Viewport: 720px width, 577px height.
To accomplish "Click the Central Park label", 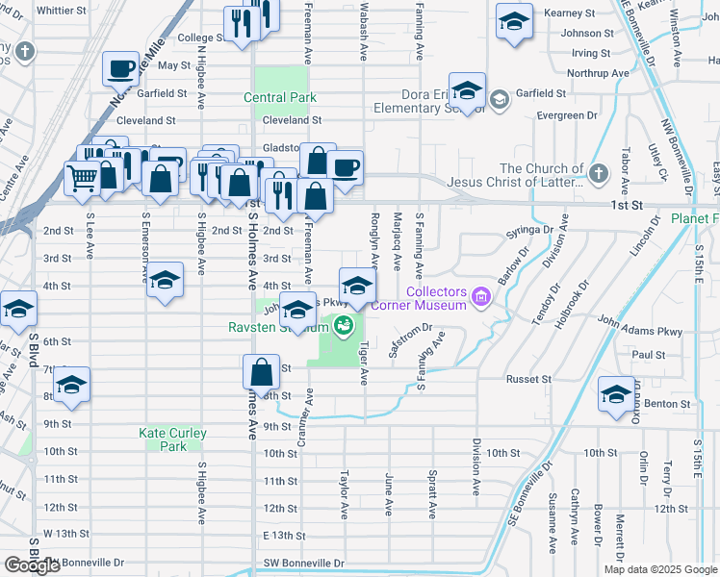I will click(279, 97).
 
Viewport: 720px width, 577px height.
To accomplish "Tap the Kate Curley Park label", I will click(172, 439).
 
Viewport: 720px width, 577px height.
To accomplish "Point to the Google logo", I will click(32, 565).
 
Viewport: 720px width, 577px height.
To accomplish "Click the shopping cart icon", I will click(83, 177).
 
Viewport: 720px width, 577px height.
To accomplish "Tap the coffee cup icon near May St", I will click(120, 68).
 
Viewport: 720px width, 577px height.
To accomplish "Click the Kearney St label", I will click(569, 13).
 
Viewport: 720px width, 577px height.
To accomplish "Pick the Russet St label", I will click(529, 379).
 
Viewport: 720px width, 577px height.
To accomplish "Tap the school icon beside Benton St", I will click(616, 394).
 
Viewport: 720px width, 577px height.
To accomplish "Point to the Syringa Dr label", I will click(534, 230).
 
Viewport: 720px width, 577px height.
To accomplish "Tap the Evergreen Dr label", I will click(561, 114).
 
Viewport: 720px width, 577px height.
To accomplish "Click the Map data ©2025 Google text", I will click(659, 569).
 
